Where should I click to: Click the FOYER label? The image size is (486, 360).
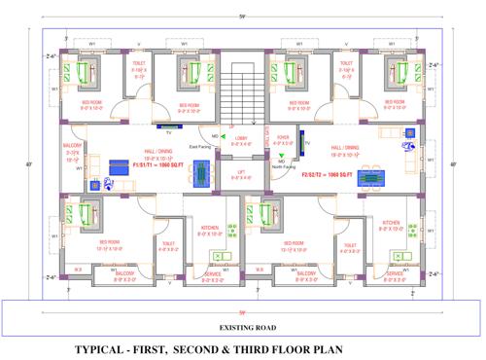coord(283,139)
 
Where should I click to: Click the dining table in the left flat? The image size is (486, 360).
coord(200,172)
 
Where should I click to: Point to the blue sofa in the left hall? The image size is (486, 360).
coord(120,163)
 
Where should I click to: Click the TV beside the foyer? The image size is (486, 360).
coord(306,144)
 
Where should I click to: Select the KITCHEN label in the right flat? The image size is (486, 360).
coord(391,223)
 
